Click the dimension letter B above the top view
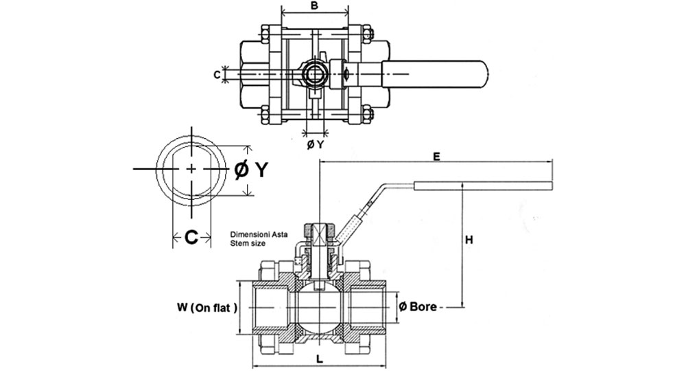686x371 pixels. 314,6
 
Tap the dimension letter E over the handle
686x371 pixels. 436,157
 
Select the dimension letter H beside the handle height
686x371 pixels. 469,240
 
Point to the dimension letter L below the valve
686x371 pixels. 320,359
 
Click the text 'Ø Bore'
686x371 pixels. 418,306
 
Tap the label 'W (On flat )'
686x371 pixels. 207,308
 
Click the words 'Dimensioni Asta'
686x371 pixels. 259,235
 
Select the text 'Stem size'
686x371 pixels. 248,243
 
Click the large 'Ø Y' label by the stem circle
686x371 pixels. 250,170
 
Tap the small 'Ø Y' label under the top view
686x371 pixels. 315,144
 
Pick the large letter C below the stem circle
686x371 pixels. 191,237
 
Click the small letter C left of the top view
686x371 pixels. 217,75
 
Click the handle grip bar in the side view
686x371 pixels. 483,185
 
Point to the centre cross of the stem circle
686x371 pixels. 191,168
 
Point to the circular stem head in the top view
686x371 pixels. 315,74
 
